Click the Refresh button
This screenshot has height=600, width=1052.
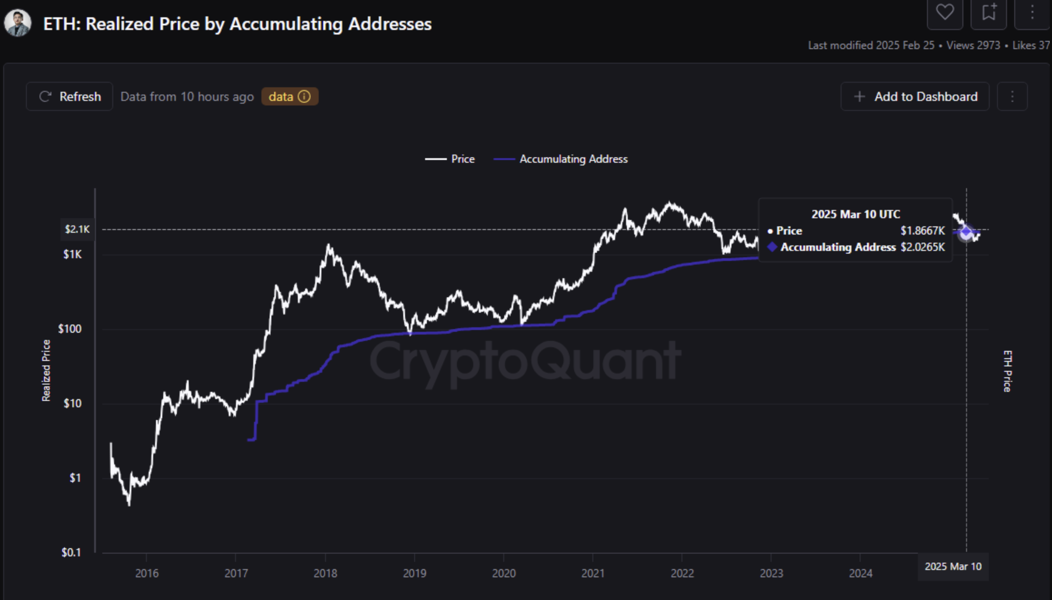(70, 96)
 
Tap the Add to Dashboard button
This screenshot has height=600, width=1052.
(915, 96)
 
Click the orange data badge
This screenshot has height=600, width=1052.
(290, 96)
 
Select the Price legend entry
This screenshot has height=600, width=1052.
(450, 159)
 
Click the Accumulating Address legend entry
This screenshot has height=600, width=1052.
(561, 159)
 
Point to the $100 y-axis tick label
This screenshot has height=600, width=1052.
(70, 329)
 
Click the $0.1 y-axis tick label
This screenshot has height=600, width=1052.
(71, 552)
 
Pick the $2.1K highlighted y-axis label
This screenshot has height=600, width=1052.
(77, 229)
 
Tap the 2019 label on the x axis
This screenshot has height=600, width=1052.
(414, 573)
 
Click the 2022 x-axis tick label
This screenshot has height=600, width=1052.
(682, 573)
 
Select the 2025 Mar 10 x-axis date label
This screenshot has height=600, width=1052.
(953, 566)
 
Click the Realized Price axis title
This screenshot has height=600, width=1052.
(46, 370)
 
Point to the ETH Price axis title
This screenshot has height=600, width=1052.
(1007, 371)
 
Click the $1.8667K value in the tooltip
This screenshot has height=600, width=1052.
(922, 231)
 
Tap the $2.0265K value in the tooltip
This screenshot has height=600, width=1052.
(922, 247)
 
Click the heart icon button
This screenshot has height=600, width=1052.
(945, 12)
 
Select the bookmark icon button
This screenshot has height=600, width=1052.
(988, 12)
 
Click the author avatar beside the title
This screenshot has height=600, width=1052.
(18, 23)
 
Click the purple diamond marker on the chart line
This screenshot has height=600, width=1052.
(966, 233)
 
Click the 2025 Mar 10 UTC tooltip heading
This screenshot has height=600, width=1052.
(856, 214)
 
